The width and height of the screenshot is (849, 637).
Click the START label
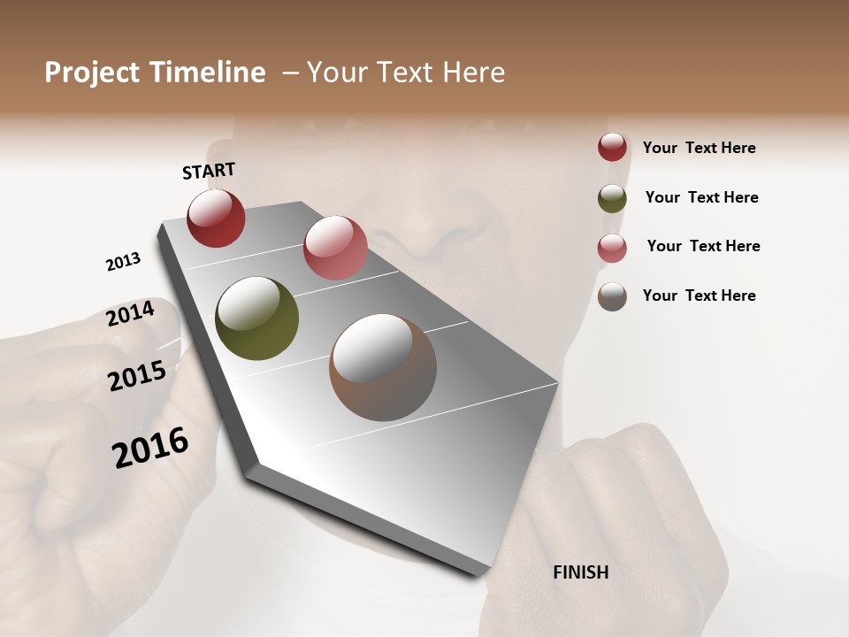pyautogui.click(x=209, y=171)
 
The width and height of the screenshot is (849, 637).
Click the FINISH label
pyautogui.click(x=580, y=572)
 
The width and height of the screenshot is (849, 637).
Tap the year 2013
pyautogui.click(x=123, y=262)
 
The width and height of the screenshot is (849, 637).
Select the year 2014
pyautogui.click(x=130, y=314)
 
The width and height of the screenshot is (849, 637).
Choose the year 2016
pyautogui.click(x=150, y=448)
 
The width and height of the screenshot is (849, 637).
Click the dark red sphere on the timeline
pyautogui.click(x=216, y=218)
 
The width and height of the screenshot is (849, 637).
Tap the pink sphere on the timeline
pyautogui.click(x=335, y=248)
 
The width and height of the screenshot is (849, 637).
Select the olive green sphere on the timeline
pyautogui.click(x=256, y=318)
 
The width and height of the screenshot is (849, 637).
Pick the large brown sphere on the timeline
pyautogui.click(x=383, y=367)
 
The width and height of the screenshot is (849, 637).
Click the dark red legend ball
pyautogui.click(x=612, y=147)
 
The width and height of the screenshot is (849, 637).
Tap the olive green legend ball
pyautogui.click(x=612, y=198)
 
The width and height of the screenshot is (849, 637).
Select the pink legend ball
pyautogui.click(x=612, y=248)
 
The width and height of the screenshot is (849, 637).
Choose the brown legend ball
pyautogui.click(x=612, y=296)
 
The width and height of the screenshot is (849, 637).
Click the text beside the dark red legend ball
pyautogui.click(x=699, y=148)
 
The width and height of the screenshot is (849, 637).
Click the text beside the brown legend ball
pyautogui.click(x=699, y=295)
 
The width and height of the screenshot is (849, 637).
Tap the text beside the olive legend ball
pyautogui.click(x=701, y=197)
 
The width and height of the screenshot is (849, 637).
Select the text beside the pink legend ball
pyautogui.click(x=703, y=246)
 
